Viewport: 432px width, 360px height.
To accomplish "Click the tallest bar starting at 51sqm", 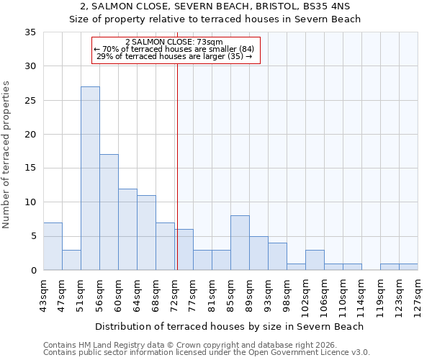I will click(90, 179).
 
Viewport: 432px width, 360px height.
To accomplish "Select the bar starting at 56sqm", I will click(109, 212).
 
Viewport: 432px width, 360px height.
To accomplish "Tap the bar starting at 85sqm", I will click(240, 243).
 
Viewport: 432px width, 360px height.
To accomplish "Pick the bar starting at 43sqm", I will click(53, 246).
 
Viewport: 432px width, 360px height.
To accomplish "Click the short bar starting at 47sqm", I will click(71, 260).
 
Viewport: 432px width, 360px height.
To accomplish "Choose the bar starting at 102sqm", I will click(315, 260).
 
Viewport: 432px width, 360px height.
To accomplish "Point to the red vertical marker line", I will click(177, 166).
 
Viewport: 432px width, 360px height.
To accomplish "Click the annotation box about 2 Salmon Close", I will click(176, 50).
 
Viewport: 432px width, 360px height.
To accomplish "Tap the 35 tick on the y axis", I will click(30, 32).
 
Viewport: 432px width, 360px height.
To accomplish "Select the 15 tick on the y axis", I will click(30, 168).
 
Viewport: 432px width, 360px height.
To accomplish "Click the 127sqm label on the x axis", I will click(418, 295).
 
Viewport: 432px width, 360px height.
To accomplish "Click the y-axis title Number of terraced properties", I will click(6, 155).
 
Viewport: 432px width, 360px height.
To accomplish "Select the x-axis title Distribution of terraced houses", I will click(230, 326).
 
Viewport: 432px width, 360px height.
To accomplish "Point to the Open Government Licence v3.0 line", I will click(206, 353).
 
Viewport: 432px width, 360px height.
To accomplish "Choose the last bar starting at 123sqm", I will click(408, 267).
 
